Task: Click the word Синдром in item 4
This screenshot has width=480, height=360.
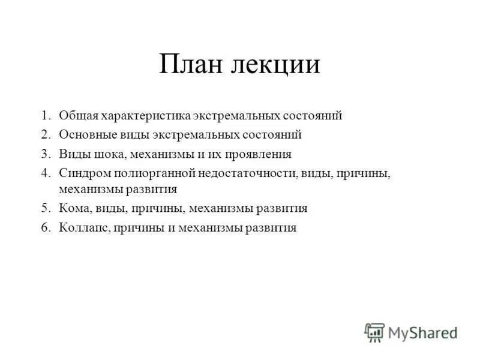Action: tap(81, 173)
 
